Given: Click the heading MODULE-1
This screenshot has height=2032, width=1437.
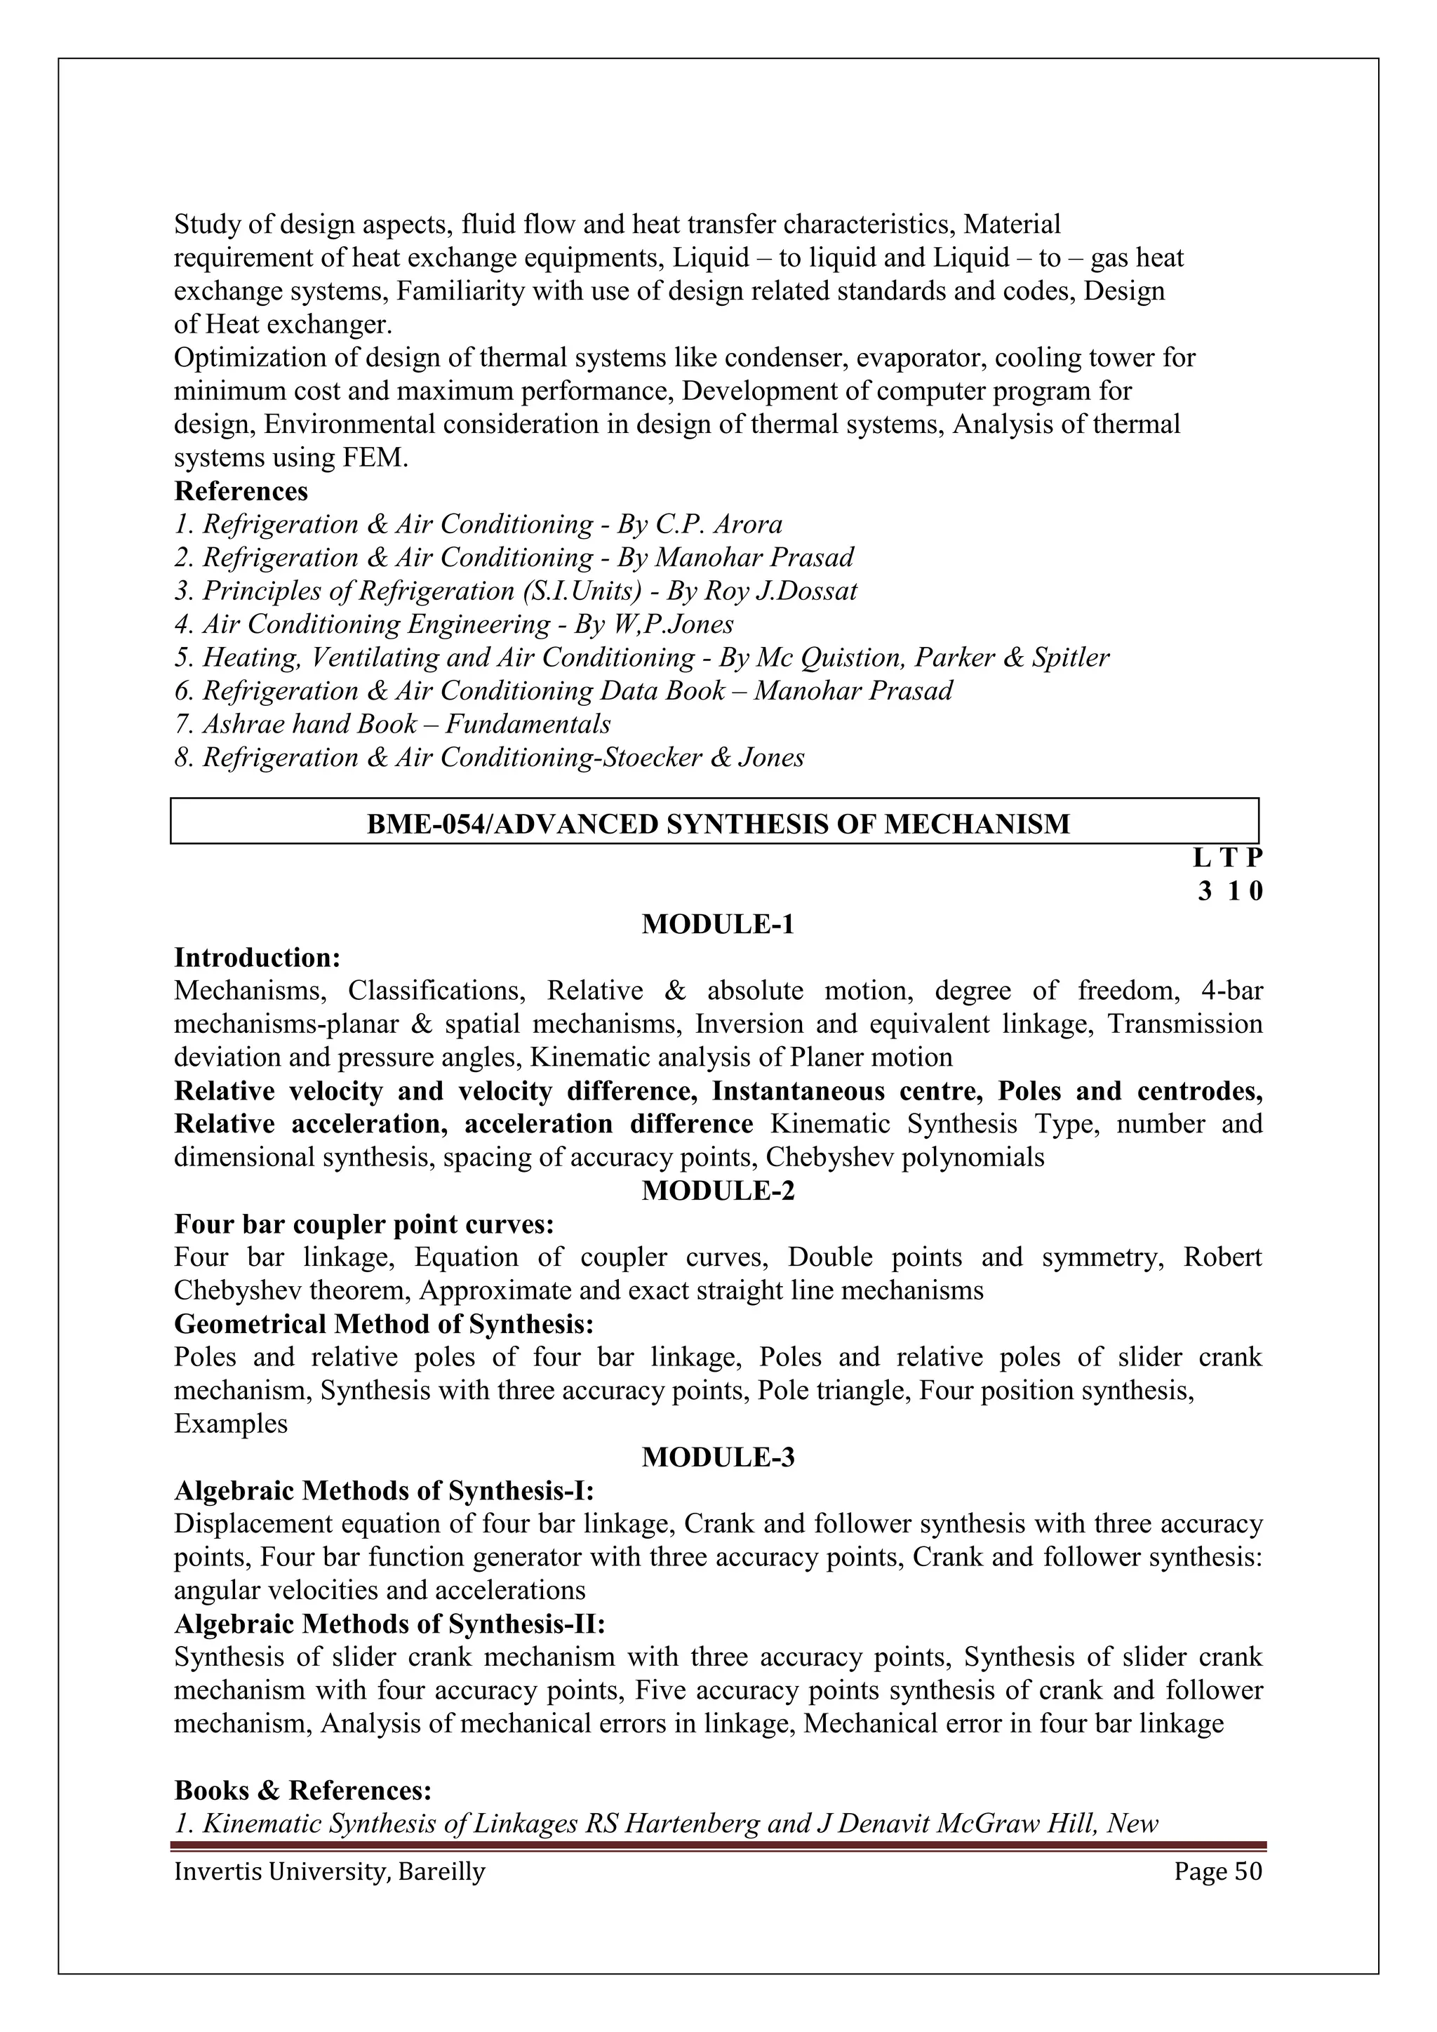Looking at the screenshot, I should coord(718,924).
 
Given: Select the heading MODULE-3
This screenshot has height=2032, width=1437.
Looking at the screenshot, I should coord(718,1457).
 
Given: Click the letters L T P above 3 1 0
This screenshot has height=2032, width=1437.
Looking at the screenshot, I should coord(1227,857).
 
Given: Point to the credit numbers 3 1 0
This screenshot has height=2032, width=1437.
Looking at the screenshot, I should coord(1230,891).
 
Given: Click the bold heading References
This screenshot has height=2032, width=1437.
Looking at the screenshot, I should coord(241,491).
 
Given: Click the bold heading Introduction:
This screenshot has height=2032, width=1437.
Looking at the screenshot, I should coord(258,958).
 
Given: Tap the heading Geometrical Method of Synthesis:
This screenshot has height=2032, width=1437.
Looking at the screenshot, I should coord(383,1324).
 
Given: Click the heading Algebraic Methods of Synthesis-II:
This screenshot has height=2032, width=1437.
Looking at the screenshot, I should coord(389,1624).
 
